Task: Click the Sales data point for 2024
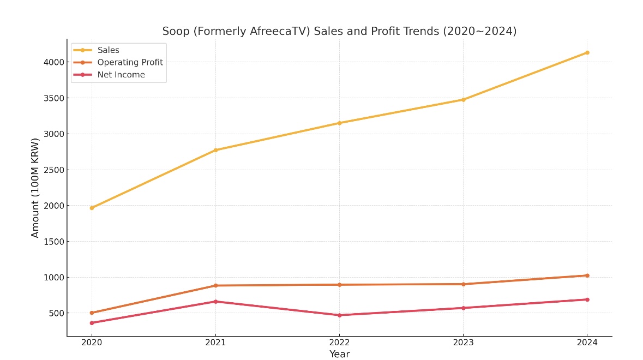pyautogui.click(x=587, y=52)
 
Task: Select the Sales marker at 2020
pyautogui.click(x=92, y=208)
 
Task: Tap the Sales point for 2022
pyautogui.click(x=340, y=123)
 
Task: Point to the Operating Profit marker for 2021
pyautogui.click(x=216, y=285)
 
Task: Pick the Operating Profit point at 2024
pyautogui.click(x=587, y=275)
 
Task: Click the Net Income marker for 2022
pyautogui.click(x=340, y=315)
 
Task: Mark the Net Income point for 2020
pyautogui.click(x=92, y=323)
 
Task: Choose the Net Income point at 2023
pyautogui.click(x=464, y=308)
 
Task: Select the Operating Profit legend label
pyautogui.click(x=130, y=62)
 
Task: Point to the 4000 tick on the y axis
pyautogui.click(x=54, y=62)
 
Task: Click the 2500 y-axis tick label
pyautogui.click(x=54, y=170)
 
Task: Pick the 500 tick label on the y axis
pyautogui.click(x=57, y=313)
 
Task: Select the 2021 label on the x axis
pyautogui.click(x=216, y=343)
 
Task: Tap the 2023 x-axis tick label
pyautogui.click(x=464, y=343)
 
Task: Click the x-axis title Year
pyautogui.click(x=340, y=354)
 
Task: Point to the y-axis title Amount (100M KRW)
pyautogui.click(x=35, y=188)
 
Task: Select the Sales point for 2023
pyautogui.click(x=464, y=100)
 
